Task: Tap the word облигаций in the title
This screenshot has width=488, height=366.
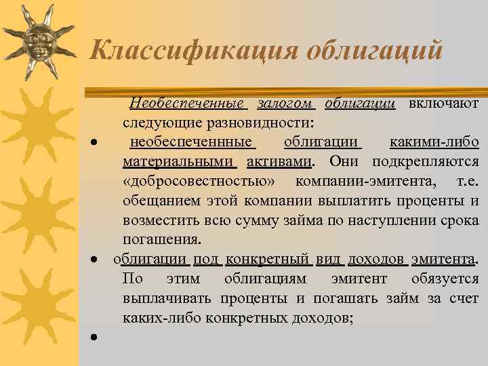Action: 375,50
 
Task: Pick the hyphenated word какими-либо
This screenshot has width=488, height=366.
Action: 434,142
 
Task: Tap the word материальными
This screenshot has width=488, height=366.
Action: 179,162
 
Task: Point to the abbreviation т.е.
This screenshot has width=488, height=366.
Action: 468,182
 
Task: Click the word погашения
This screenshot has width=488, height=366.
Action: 161,240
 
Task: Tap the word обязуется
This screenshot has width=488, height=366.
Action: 444,279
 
